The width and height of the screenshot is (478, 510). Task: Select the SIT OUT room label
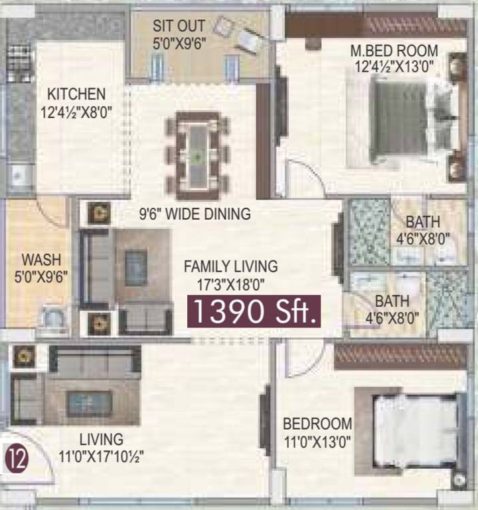[179, 27]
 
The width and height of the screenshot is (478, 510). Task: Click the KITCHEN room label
[76, 94]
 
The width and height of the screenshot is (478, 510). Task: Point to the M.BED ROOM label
[394, 50]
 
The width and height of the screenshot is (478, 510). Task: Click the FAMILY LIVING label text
[230, 267]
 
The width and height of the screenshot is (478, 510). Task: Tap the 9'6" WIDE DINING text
[195, 214]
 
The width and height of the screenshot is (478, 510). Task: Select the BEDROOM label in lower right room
[317, 424]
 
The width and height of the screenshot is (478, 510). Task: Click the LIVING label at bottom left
[102, 440]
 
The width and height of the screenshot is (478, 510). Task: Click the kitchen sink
[19, 175]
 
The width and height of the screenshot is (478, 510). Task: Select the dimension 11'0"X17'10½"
[102, 456]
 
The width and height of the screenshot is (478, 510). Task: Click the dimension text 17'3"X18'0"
[230, 284]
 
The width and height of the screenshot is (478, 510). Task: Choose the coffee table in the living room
[89, 402]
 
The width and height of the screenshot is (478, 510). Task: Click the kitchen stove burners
[19, 58]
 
